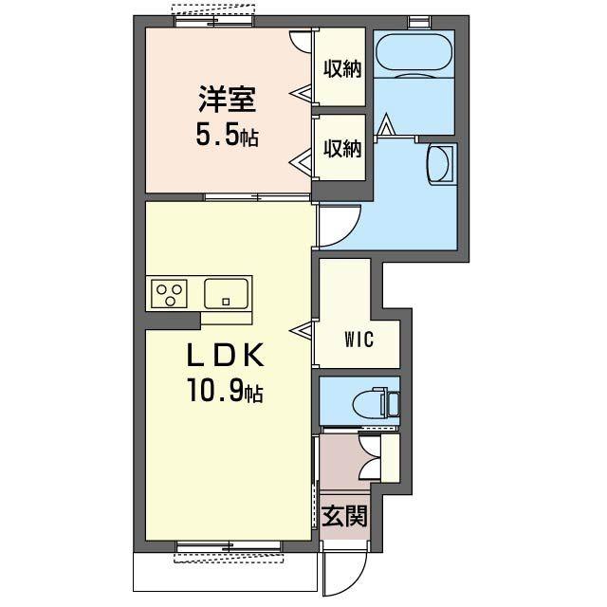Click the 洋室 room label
(228, 99)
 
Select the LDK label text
(226, 356)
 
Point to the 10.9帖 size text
(226, 390)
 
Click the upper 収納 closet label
(342, 69)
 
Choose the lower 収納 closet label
(342, 148)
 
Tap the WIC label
(359, 340)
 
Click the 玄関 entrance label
(344, 516)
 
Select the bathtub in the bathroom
(414, 52)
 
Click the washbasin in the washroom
(440, 164)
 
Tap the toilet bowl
(368, 402)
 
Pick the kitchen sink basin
(226, 293)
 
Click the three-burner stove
(169, 293)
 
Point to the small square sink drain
(226, 302)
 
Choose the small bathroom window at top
(419, 22)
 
